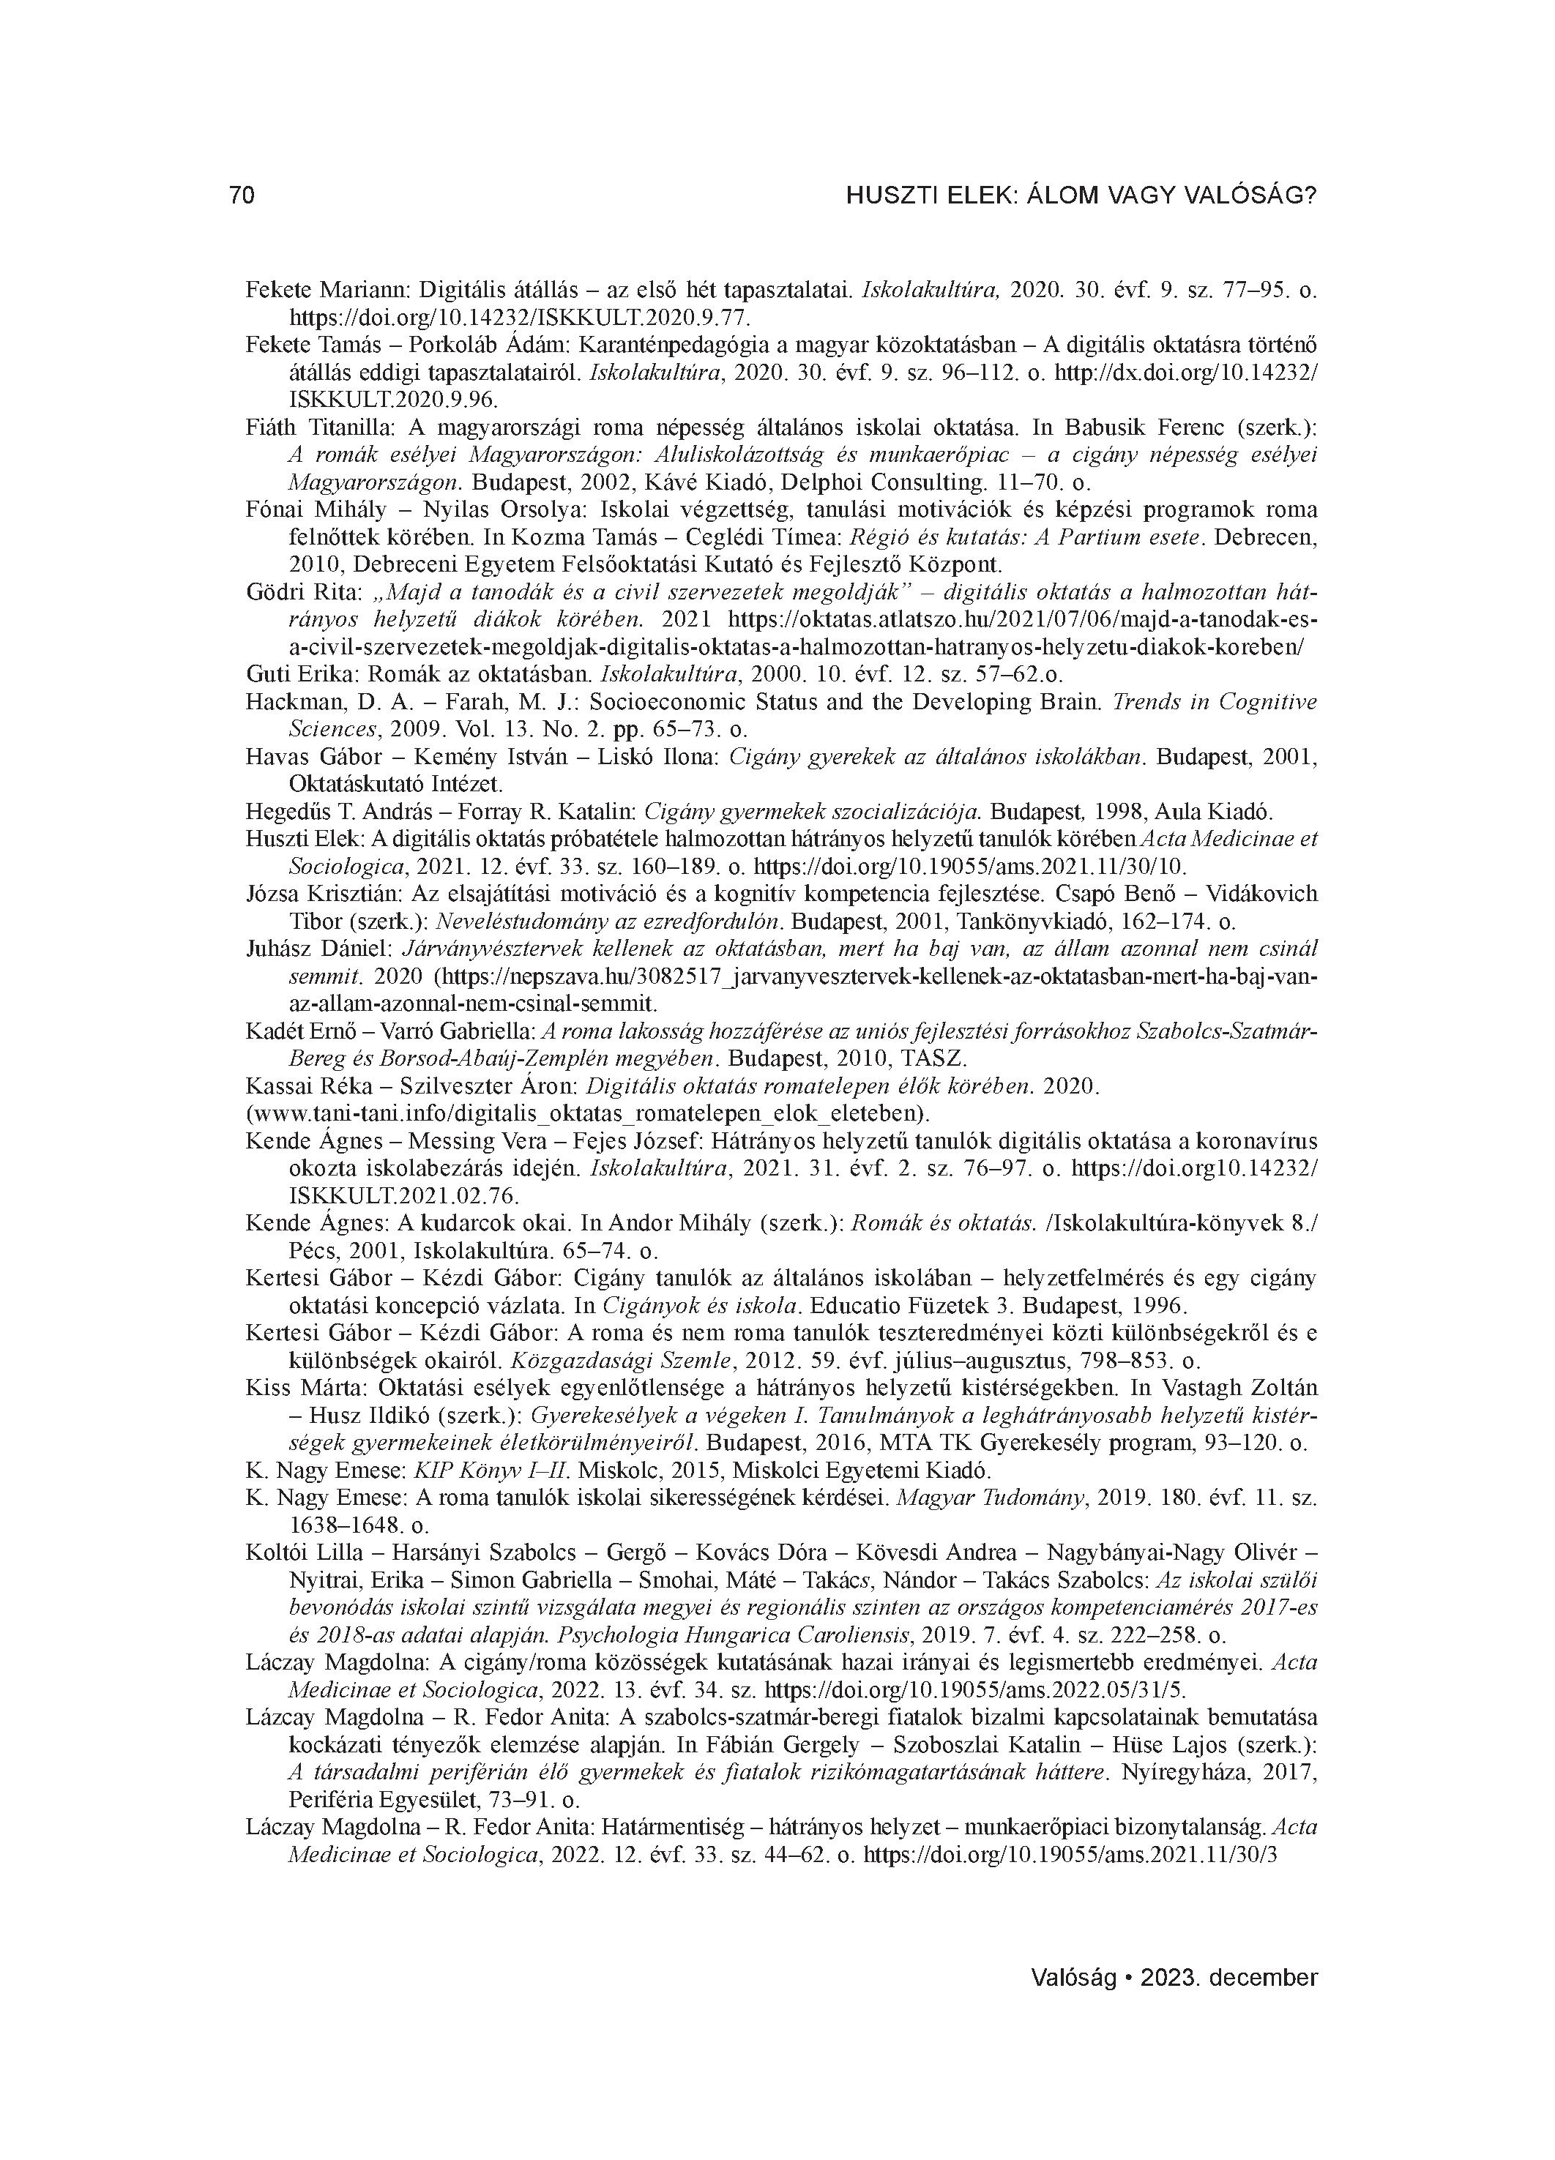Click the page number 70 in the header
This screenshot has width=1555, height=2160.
click(x=242, y=196)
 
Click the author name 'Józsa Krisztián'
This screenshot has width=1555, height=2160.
click(x=313, y=894)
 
